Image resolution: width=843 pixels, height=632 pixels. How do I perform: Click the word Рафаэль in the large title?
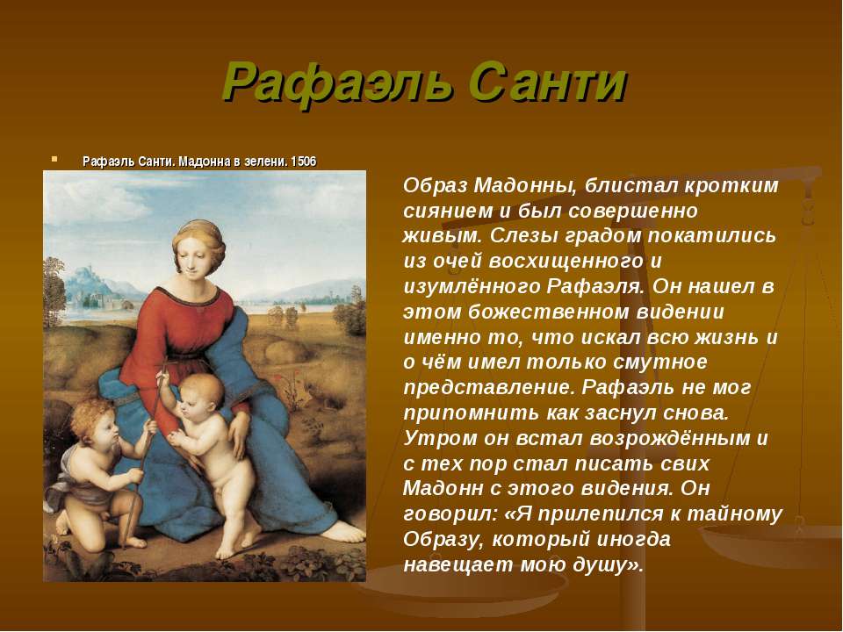[x=337, y=83]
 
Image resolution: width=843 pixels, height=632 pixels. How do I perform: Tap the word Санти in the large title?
[x=548, y=83]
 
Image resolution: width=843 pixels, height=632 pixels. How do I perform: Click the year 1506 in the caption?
[x=304, y=162]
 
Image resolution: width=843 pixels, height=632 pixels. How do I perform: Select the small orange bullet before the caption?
[x=54, y=159]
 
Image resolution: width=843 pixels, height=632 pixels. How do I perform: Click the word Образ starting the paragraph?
[x=435, y=185]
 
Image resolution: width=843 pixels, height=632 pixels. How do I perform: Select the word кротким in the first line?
[x=731, y=185]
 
